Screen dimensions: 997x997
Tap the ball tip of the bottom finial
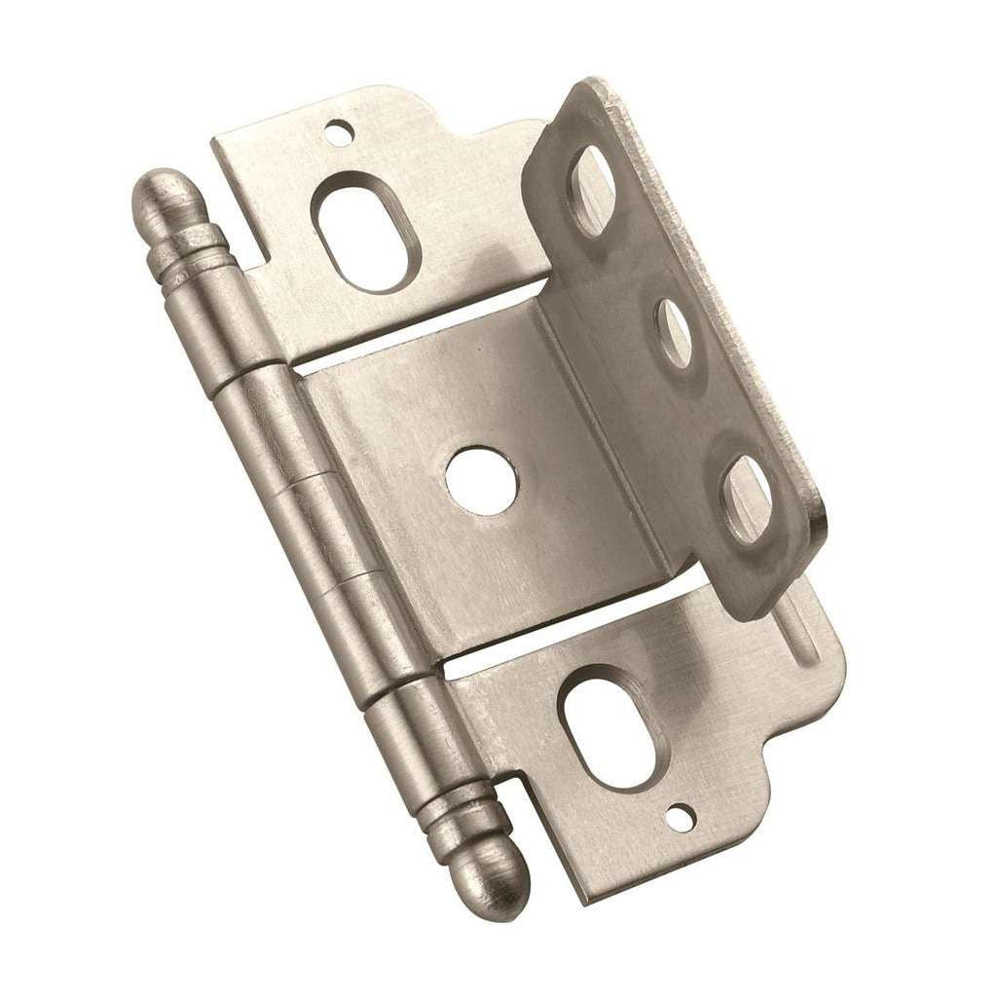(x=501, y=886)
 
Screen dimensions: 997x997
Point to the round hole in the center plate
(x=482, y=480)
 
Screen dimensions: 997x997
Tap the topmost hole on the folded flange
(x=590, y=191)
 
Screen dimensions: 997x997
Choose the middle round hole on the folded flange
(x=674, y=333)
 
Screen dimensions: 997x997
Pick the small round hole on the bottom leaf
(x=680, y=820)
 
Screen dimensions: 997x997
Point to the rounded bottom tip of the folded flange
(x=769, y=599)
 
